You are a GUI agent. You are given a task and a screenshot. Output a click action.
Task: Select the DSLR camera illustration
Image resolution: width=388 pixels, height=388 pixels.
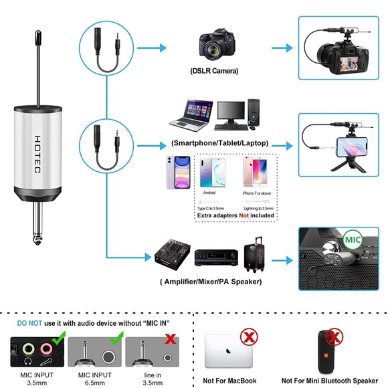(215, 43)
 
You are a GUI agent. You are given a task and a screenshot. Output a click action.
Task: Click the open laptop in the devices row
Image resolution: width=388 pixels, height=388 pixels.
(193, 115)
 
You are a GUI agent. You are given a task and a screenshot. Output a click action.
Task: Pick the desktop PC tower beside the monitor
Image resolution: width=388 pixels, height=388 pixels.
(254, 112)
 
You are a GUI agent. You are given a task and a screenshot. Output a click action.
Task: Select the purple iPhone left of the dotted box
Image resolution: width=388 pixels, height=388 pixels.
(178, 173)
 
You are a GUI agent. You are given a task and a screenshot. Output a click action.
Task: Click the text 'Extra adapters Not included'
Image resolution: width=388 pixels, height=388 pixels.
(235, 216)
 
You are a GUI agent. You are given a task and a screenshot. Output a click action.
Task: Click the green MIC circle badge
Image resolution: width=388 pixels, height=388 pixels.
(353, 239)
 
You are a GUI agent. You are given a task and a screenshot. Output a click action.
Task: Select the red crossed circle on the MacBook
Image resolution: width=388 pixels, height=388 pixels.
(248, 336)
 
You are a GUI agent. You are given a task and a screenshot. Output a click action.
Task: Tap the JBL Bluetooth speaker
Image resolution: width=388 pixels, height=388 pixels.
(328, 351)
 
